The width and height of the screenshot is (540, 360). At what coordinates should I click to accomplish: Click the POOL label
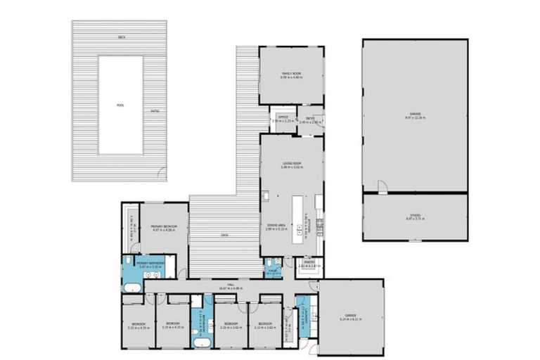tap(120, 105)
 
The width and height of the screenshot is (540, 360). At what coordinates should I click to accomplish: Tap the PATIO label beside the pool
tap(155, 111)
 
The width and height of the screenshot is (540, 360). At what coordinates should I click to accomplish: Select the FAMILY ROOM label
tap(291, 73)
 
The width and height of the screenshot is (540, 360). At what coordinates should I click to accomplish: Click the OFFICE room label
tap(283, 117)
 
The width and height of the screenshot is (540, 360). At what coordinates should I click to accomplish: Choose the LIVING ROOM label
tap(291, 163)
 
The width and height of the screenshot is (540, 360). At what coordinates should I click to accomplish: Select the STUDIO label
tap(415, 215)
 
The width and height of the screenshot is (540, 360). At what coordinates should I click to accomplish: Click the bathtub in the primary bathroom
tap(131, 287)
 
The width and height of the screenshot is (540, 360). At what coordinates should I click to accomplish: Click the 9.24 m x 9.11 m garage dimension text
tap(349, 319)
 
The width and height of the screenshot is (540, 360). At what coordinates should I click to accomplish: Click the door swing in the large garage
tap(382, 186)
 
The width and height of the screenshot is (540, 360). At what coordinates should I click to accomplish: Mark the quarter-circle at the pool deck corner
tap(162, 173)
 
